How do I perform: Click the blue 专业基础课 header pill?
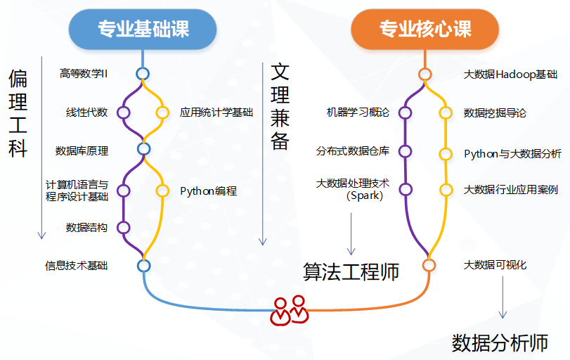click(143, 29)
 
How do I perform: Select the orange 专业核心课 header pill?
click(425, 29)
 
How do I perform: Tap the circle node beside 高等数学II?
click(143, 74)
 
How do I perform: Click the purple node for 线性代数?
click(124, 112)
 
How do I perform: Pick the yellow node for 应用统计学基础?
click(162, 112)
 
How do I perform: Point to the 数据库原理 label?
click(82, 150)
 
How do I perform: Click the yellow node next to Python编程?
click(162, 191)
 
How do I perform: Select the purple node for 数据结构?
click(124, 228)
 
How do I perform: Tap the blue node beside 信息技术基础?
click(144, 266)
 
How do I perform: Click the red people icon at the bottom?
click(290, 311)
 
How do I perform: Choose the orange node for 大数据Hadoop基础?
click(425, 75)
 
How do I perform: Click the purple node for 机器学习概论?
click(405, 112)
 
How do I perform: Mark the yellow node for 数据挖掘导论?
click(446, 112)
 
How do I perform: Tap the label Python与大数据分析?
click(512, 154)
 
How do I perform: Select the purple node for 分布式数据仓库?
click(405, 151)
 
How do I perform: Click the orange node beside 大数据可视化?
click(429, 265)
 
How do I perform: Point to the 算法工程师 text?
click(351, 271)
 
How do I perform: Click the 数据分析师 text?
click(500, 343)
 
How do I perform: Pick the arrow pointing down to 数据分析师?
click(503, 297)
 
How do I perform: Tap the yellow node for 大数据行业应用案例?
click(446, 190)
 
